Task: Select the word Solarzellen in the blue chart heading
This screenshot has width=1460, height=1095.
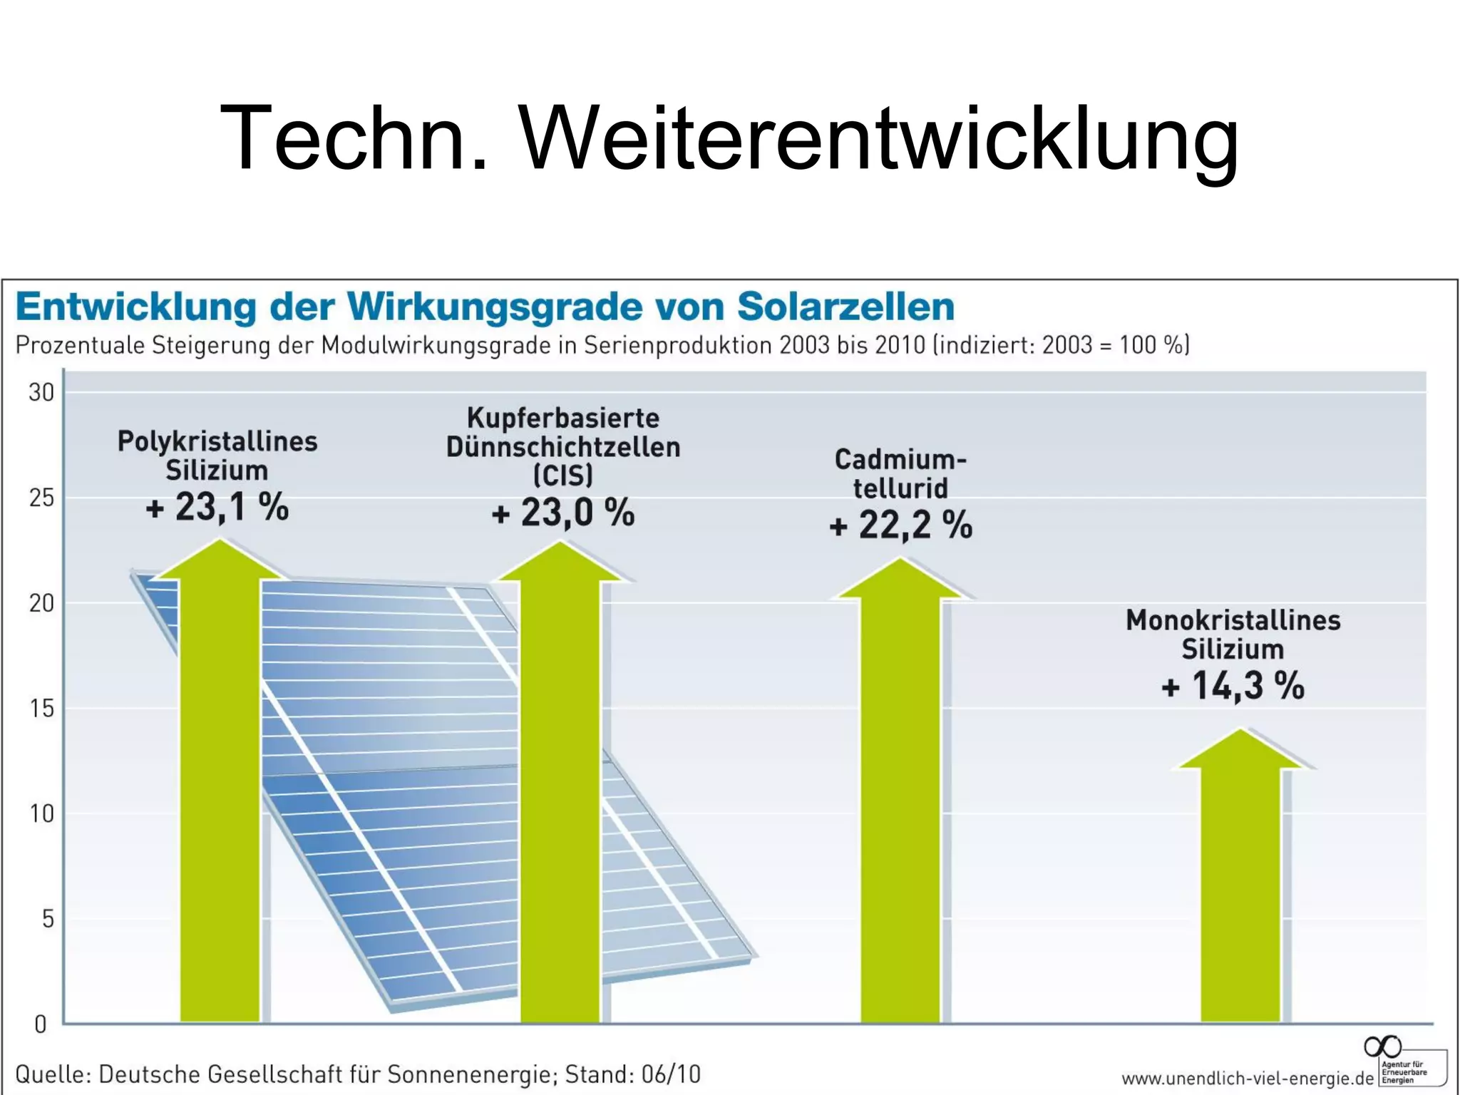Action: pos(845,307)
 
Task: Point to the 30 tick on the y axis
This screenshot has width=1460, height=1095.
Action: pos(41,393)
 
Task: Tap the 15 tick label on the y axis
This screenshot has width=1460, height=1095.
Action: pos(41,709)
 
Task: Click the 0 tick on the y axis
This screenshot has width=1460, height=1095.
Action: pos(41,1025)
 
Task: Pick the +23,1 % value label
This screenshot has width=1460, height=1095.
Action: pos(217,508)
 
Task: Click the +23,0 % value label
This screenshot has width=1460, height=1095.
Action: pos(563,513)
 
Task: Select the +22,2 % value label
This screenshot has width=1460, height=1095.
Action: pos(900,526)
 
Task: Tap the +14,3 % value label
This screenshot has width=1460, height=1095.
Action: pos(1233,687)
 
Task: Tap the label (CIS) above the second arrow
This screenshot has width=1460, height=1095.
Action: pos(563,475)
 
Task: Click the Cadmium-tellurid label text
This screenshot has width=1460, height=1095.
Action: pos(900,474)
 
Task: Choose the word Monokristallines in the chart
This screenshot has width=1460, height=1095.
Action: pos(1233,620)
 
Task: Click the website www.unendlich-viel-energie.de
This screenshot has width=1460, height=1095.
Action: pos(1247,1079)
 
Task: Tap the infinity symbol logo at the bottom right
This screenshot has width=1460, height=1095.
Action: pos(1382,1047)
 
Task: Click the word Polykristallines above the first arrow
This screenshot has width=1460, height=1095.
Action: pos(217,442)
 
